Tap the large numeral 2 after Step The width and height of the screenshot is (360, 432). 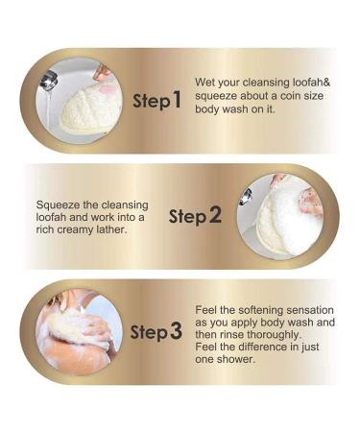click(x=215, y=216)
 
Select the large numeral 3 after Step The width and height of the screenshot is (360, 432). click(x=176, y=332)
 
